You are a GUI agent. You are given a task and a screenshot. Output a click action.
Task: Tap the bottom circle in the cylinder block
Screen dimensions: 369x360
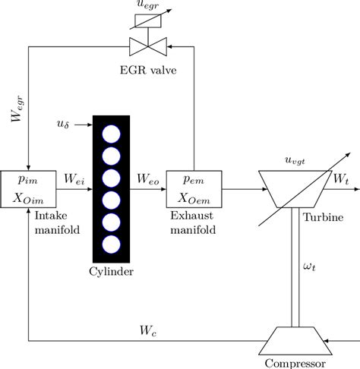coord(112,244)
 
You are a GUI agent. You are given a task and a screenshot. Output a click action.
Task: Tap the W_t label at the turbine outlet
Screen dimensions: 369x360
coord(342,179)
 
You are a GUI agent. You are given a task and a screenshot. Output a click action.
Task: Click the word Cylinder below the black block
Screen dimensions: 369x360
coord(112,272)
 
